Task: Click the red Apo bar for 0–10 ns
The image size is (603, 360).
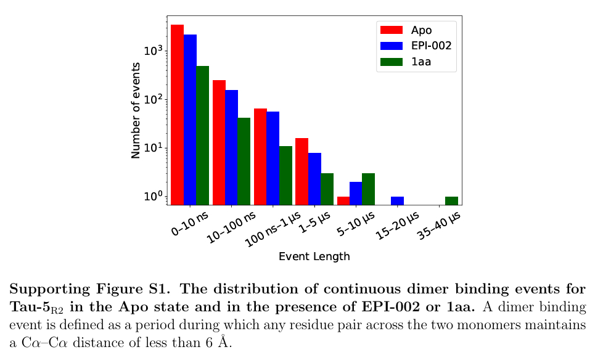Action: [178, 114]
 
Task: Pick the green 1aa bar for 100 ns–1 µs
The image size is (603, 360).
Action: [285, 175]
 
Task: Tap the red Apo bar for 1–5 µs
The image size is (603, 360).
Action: [301, 171]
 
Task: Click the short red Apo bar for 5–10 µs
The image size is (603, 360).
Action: [343, 200]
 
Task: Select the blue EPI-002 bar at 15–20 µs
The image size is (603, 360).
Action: [397, 200]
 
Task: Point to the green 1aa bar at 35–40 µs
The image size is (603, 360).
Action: [451, 200]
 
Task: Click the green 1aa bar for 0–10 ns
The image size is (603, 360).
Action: [202, 135]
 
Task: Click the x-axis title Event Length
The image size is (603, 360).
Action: [314, 256]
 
